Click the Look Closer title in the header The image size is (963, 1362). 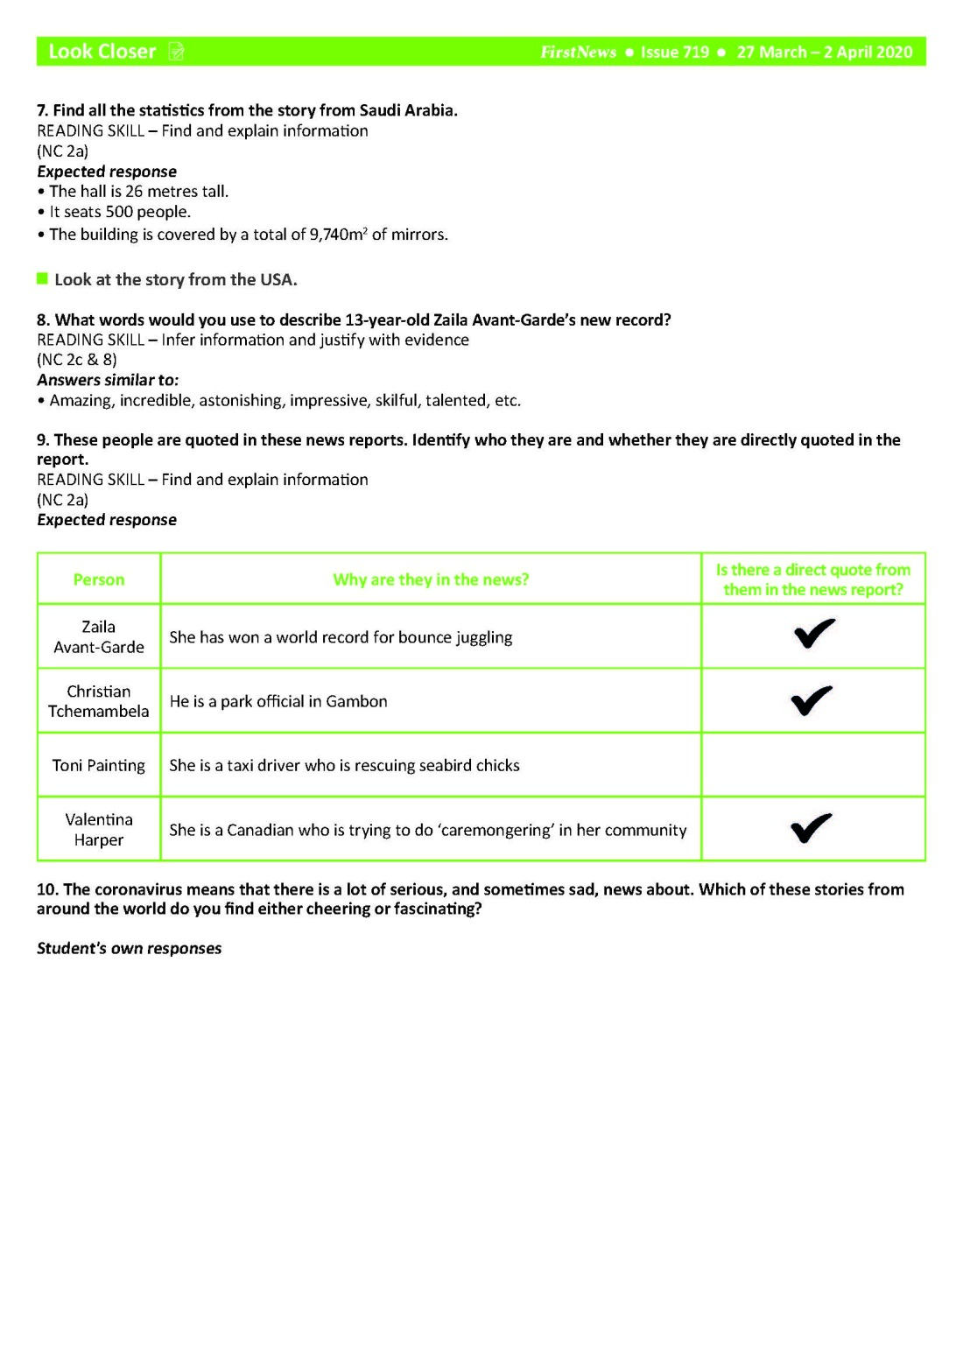pyautogui.click(x=102, y=52)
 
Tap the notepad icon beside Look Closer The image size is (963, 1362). pyautogui.click(x=176, y=53)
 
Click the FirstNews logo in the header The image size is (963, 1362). pyautogui.click(x=578, y=53)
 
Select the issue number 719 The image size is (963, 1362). pyautogui.click(x=696, y=53)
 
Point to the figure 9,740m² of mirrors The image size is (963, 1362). pyautogui.click(x=338, y=235)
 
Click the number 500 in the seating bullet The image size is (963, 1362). pyautogui.click(x=119, y=212)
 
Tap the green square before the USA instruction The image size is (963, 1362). pyautogui.click(x=42, y=279)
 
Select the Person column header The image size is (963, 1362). pyautogui.click(x=99, y=579)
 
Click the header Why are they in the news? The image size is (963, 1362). pyautogui.click(x=431, y=579)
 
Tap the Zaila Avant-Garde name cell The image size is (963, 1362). pyautogui.click(x=99, y=637)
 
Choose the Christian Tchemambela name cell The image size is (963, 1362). pyautogui.click(x=99, y=701)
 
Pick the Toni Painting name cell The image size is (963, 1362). pyautogui.click(x=99, y=766)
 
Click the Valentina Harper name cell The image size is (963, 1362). pyautogui.click(x=99, y=830)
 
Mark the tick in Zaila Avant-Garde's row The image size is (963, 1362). pyautogui.click(x=813, y=633)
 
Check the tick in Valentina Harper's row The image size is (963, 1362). pyautogui.click(x=811, y=827)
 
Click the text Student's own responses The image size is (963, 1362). pyautogui.click(x=130, y=949)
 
